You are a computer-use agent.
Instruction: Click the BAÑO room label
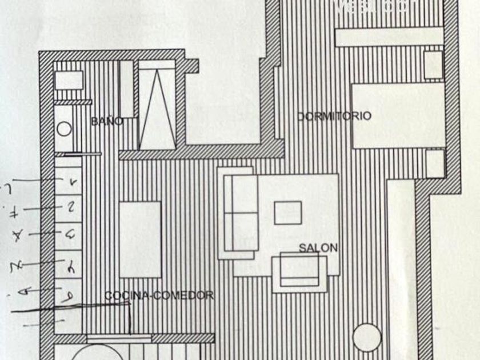click(107, 121)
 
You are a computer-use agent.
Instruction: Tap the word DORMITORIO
click(334, 116)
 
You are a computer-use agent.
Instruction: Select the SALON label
click(318, 248)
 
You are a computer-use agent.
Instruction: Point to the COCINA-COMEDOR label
click(159, 295)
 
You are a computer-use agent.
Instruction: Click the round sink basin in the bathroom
click(65, 129)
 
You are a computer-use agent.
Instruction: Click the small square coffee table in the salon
click(287, 213)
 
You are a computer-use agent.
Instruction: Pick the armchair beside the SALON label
click(299, 273)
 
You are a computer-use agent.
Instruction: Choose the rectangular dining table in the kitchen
click(140, 231)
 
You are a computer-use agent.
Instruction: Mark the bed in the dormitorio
click(398, 116)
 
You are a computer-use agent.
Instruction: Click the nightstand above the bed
click(434, 65)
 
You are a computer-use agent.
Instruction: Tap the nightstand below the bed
click(434, 163)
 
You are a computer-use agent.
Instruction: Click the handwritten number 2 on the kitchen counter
click(71, 207)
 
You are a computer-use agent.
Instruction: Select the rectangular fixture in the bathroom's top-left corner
click(69, 80)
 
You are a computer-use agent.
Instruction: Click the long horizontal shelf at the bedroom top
click(389, 37)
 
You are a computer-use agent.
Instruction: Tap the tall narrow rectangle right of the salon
click(400, 269)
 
